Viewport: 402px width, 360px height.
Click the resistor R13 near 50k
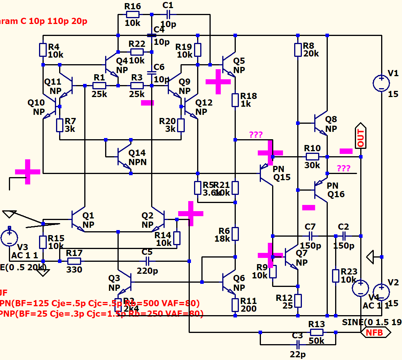pyautogui.click(x=317, y=332)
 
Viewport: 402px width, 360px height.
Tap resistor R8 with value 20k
pyautogui.click(x=298, y=49)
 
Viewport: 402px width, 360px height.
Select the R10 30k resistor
pyautogui.click(x=312, y=157)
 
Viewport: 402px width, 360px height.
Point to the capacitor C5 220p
pyautogui.click(x=147, y=261)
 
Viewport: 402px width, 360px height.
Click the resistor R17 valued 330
pyautogui.click(x=74, y=261)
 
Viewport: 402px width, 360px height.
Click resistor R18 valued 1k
pyautogui.click(x=235, y=100)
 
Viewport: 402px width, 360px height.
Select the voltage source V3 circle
pyautogui.click(x=9, y=237)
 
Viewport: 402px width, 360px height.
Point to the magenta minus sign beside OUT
pyautogui.click(x=346, y=151)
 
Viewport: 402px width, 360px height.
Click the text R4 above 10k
pyautogui.click(x=53, y=47)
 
